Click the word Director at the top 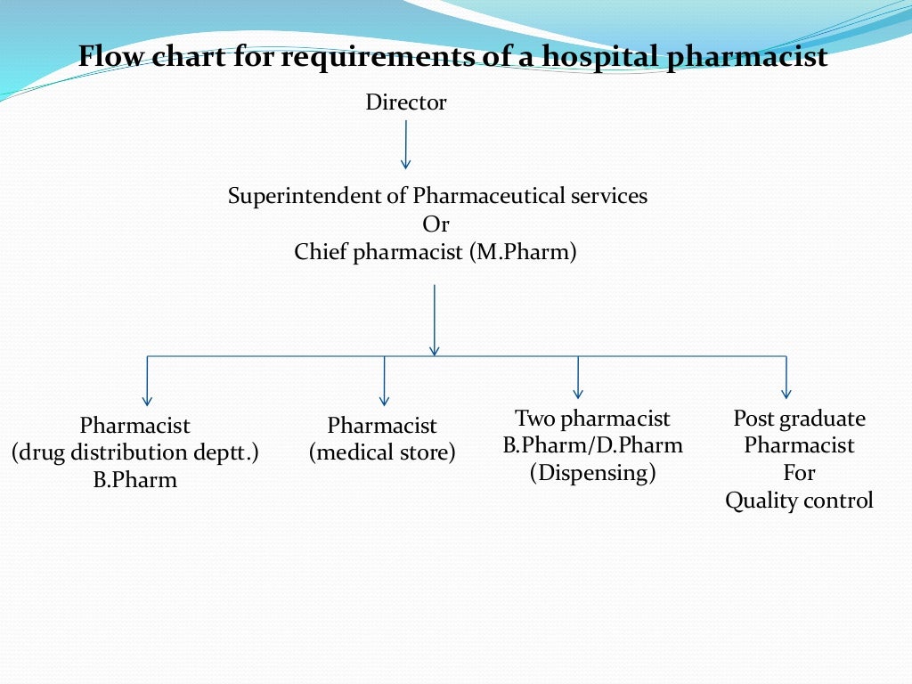coord(406,103)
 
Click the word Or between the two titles coord(436,224)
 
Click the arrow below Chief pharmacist coord(434,321)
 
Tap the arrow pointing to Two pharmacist coord(578,378)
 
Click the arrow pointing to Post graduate coord(786,378)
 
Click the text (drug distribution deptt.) coord(135,453)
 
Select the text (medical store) coord(382,453)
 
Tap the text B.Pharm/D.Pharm coord(593,445)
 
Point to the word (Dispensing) coord(593,473)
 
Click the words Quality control coord(799,501)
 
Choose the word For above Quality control coord(799,473)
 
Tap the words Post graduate coord(799,419)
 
